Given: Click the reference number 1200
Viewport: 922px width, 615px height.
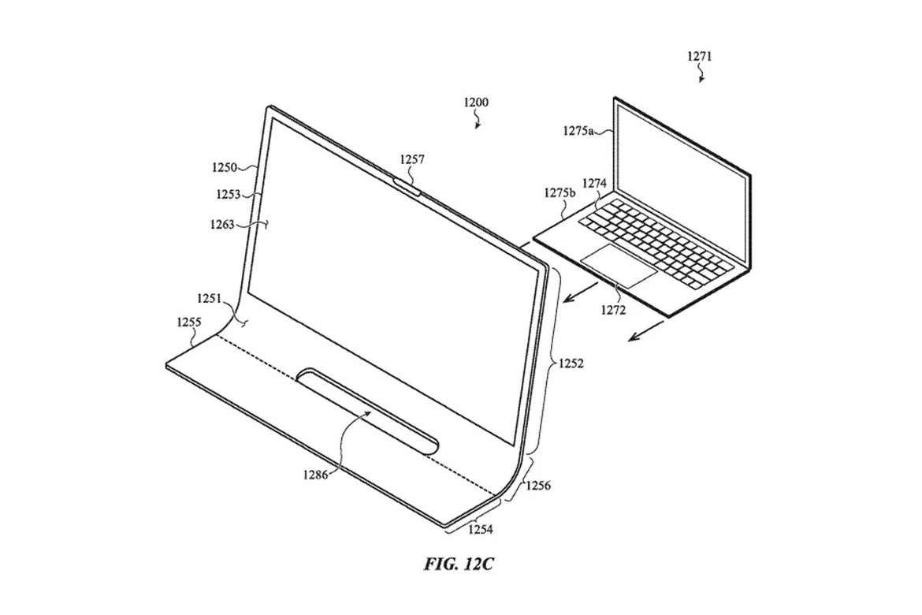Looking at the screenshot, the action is tap(476, 102).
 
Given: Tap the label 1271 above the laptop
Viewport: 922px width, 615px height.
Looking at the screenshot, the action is tap(700, 57).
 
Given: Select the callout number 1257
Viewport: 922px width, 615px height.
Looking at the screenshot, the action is tap(412, 159).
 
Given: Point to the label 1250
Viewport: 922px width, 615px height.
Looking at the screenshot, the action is tap(225, 168).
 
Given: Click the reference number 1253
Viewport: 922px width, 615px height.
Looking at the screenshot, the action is tap(229, 194).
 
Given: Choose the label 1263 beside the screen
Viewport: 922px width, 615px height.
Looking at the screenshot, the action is tap(221, 224).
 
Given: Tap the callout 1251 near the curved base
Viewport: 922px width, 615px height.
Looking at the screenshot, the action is tap(210, 298).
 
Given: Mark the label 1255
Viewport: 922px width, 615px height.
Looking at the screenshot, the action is tap(189, 322).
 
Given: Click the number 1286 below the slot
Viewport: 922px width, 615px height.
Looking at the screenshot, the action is tap(316, 475).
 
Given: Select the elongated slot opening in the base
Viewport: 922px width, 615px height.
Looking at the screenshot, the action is tap(368, 412).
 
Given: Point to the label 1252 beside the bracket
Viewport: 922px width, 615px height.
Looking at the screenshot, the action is tap(571, 363).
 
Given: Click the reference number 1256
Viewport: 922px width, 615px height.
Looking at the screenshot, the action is tap(538, 486).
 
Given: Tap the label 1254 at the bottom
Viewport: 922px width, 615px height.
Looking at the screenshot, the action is tap(481, 530).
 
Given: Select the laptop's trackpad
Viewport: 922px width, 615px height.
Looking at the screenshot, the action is tap(619, 266).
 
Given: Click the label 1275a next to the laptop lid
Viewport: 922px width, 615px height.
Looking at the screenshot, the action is tap(578, 131).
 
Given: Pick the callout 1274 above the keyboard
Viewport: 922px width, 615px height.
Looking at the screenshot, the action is tap(594, 184).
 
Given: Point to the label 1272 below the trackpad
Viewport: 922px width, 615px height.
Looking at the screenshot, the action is tap(613, 310).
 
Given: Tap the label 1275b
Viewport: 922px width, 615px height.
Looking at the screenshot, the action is tap(560, 192).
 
